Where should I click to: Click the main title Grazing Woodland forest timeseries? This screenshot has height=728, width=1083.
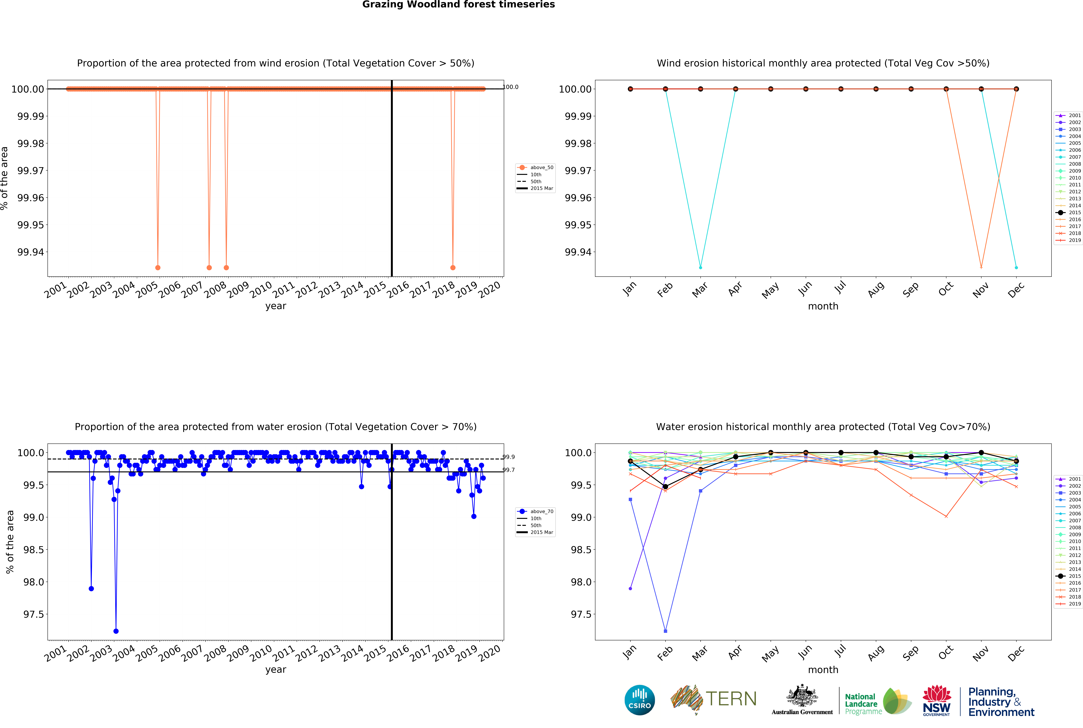pos(458,5)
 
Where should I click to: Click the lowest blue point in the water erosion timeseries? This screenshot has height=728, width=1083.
pos(116,631)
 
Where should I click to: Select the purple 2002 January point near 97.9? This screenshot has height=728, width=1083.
pos(630,588)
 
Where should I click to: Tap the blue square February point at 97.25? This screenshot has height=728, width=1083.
pos(665,631)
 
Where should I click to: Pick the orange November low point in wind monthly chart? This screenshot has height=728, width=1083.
pos(981,267)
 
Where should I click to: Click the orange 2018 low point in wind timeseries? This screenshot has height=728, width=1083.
pos(453,267)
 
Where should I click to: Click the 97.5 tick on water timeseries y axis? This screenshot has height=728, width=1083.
pos(33,614)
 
